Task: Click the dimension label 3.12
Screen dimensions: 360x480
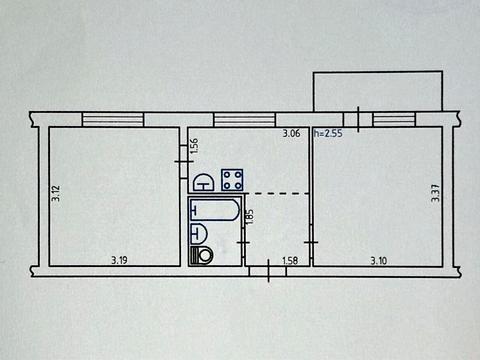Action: point(56,191)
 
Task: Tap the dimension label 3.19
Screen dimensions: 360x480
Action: point(117,261)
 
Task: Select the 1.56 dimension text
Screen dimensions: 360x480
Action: point(194,146)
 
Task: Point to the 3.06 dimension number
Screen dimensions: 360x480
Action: point(291,134)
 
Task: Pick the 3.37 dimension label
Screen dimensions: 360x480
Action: point(435,191)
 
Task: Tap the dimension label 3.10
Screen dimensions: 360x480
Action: point(379,261)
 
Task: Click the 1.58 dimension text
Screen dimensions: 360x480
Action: point(291,261)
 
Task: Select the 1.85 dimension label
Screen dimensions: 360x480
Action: point(250,215)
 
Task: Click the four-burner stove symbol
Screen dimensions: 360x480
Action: point(233,180)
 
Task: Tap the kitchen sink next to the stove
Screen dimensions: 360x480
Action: point(203,182)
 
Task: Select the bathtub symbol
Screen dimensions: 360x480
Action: point(214,211)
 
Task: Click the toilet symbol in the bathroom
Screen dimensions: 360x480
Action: point(205,254)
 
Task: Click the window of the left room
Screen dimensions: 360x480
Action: point(114,119)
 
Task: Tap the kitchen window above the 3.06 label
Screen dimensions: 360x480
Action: point(245,119)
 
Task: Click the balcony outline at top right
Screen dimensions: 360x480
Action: point(377,92)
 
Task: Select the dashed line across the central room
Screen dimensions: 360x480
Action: point(276,193)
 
